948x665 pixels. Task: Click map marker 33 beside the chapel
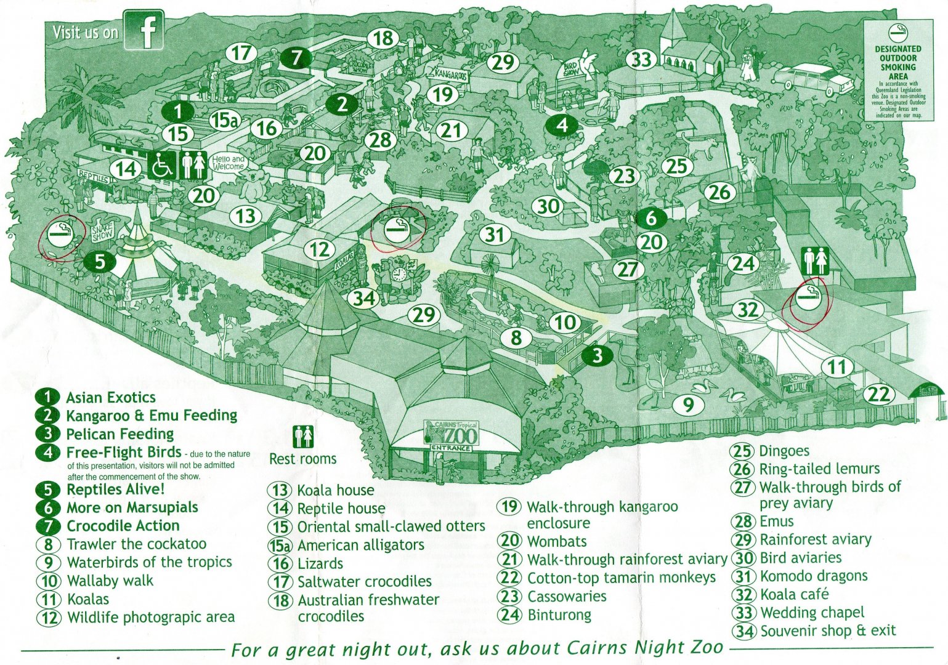641,60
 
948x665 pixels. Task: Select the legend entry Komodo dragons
813,576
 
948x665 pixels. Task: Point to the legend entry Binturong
559,615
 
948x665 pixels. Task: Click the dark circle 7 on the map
296,57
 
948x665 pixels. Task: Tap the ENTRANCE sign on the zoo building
450,448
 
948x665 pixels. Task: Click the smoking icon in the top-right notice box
897,33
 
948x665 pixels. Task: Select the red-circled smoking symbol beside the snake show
61,235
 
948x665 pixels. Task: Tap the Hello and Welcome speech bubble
228,163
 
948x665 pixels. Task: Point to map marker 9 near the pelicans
688,405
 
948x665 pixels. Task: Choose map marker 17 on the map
241,53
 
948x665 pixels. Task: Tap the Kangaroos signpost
450,74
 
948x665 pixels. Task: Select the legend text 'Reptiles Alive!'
115,490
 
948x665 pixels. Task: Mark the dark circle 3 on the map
596,355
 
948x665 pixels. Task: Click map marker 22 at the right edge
879,393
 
